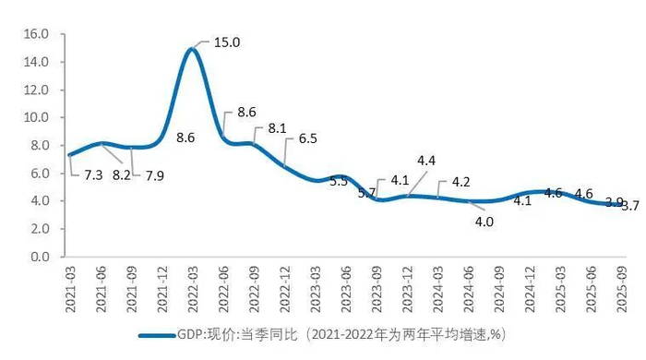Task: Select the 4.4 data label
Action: coord(425,161)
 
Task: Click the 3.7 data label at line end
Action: coord(632,206)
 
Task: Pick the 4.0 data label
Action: coord(484,222)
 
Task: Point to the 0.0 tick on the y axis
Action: coord(38,257)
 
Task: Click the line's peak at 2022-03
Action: coord(192,49)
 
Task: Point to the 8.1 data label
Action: coord(277,129)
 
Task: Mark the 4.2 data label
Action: coord(461,182)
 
